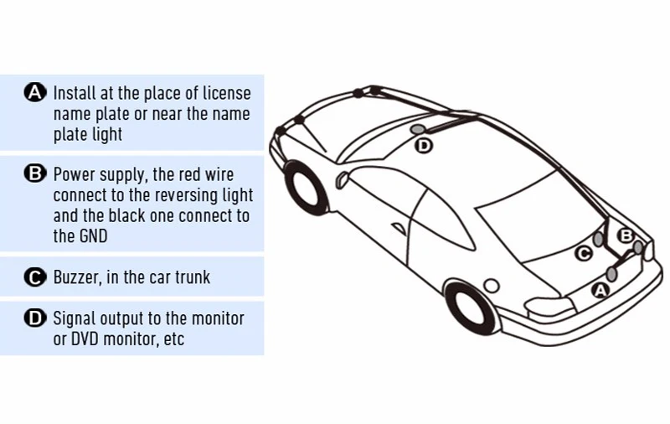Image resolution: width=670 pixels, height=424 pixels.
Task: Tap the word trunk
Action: (192, 277)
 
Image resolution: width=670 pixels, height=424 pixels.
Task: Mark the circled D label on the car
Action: (424, 146)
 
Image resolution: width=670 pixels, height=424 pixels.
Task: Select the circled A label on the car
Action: (600, 291)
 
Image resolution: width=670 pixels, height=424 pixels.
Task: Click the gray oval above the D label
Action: (418, 130)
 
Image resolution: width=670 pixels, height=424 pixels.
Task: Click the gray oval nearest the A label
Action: (612, 274)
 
